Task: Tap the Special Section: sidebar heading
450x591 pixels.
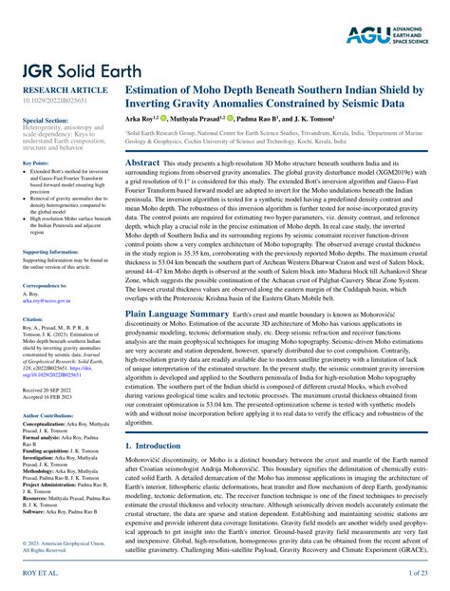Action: tap(45, 122)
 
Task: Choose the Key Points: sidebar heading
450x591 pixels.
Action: tap(35, 163)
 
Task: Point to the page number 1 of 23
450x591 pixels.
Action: tap(422, 576)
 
